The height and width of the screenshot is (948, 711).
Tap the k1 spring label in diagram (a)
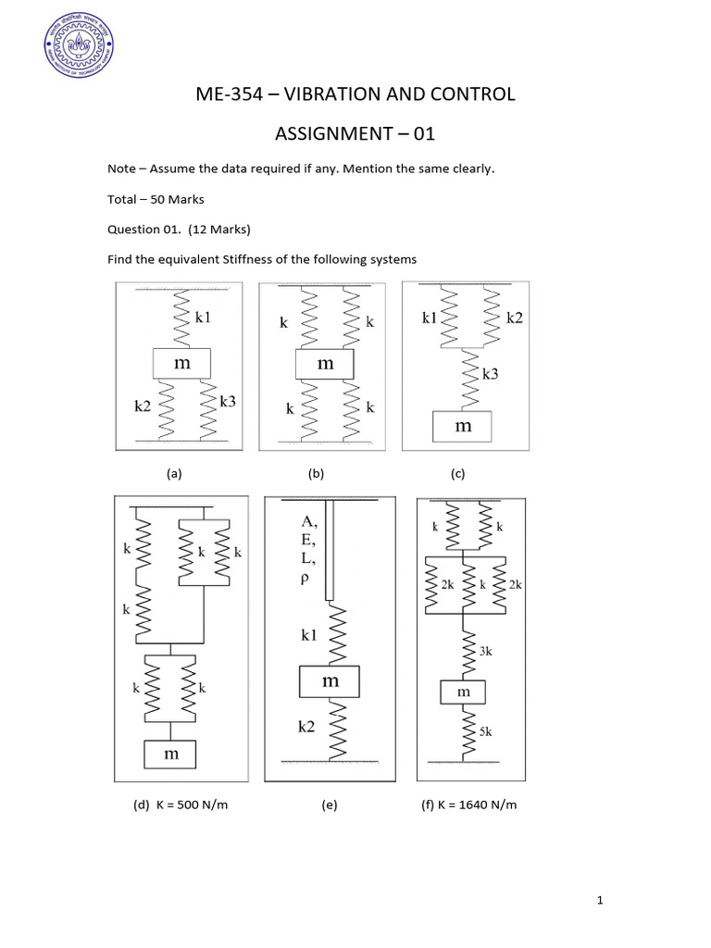[x=203, y=318]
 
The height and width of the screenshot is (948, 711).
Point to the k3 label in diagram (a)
[x=228, y=401]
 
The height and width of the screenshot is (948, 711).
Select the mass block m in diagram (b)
[x=324, y=364]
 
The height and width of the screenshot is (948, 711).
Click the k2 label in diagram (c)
[x=515, y=318]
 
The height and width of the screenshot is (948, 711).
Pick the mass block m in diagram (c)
[x=462, y=426]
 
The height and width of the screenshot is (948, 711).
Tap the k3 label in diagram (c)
[x=491, y=374]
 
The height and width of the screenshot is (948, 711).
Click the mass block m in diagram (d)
[x=170, y=755]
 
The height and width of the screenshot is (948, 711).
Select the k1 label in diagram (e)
[x=308, y=636]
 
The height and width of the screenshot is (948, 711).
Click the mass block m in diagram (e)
[x=329, y=682]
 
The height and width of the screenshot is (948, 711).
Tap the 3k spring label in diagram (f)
[x=486, y=651]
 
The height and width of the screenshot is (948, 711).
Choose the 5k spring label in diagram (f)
[x=486, y=731]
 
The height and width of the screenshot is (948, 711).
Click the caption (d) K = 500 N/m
[x=181, y=805]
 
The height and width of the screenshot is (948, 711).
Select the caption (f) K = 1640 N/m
[x=469, y=805]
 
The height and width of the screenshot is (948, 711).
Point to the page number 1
[x=601, y=900]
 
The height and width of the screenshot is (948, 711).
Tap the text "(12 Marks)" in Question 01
[x=218, y=229]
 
